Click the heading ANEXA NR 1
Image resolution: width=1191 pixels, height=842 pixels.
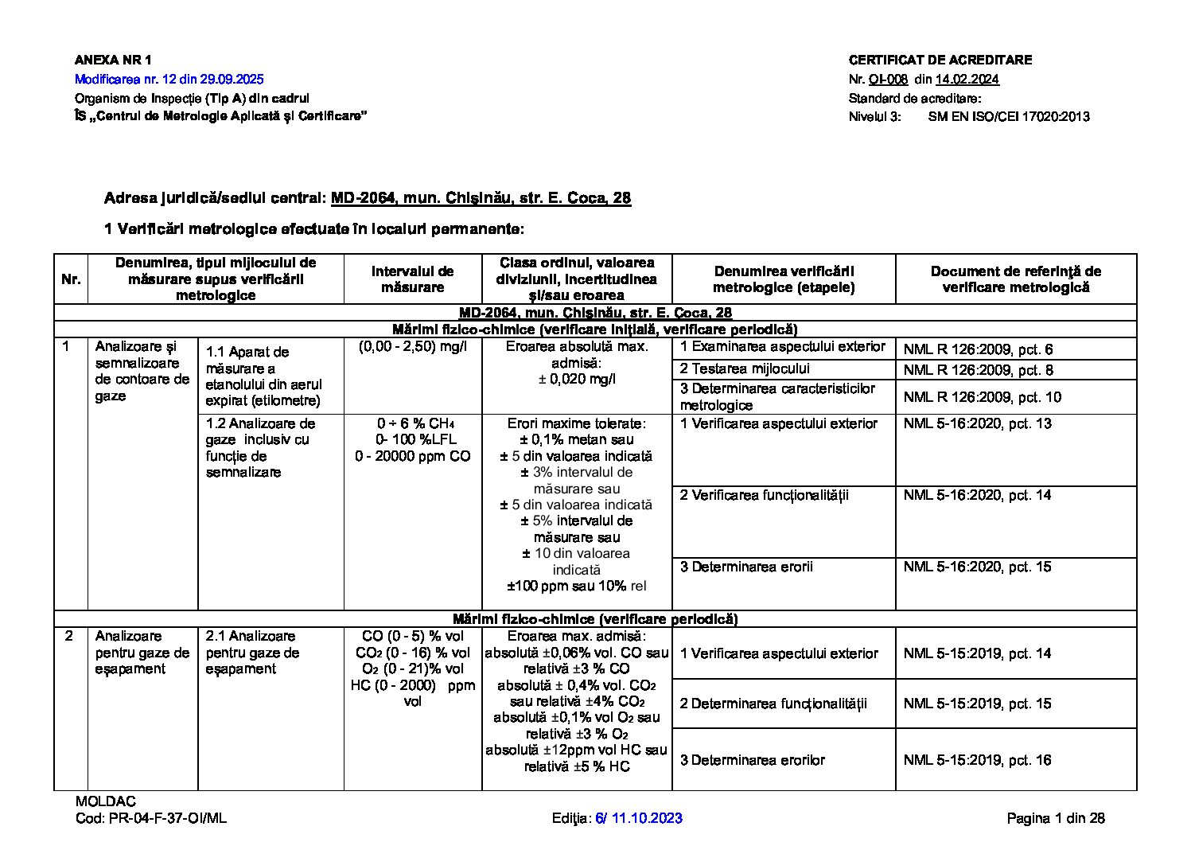(x=112, y=60)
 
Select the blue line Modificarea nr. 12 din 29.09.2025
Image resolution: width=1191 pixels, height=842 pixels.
(x=169, y=80)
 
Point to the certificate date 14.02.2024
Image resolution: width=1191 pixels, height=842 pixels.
(x=967, y=80)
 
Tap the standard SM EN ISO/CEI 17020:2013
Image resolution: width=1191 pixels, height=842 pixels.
(x=1008, y=117)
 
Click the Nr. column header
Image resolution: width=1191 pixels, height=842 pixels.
(x=71, y=279)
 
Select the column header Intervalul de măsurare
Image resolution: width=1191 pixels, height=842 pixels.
(x=412, y=279)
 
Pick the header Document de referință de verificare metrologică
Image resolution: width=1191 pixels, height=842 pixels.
(x=1015, y=279)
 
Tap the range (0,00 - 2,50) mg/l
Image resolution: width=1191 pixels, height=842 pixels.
(x=412, y=347)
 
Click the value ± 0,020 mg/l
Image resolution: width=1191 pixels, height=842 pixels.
(x=577, y=379)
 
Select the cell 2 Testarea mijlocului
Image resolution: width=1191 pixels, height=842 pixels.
(x=745, y=369)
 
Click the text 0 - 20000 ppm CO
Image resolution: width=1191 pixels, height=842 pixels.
(x=412, y=457)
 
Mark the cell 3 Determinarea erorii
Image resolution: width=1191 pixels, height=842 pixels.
(x=741, y=567)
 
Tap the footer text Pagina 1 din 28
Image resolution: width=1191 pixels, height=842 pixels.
(x=1055, y=818)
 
